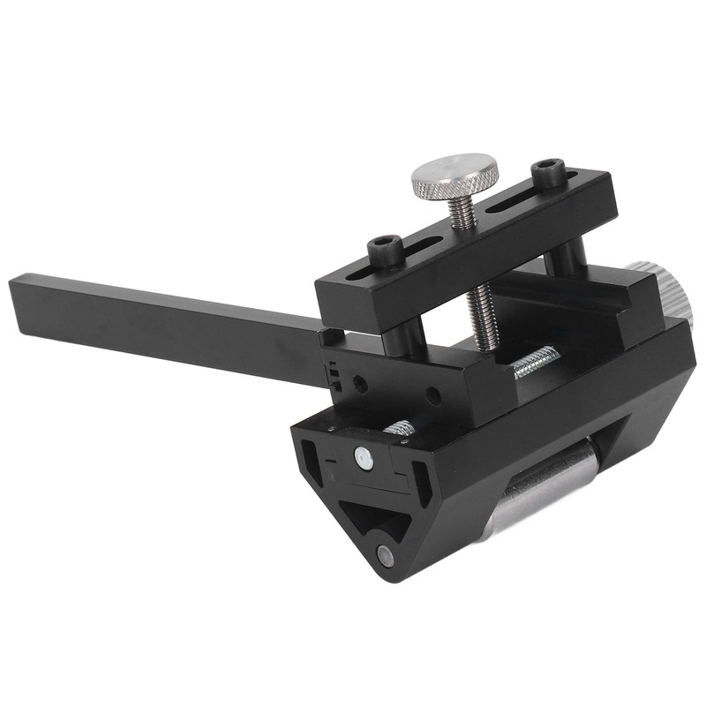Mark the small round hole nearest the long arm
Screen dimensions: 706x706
(360, 385)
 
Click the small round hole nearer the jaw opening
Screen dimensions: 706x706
(433, 394)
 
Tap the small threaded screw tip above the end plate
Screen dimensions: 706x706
(400, 428)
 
